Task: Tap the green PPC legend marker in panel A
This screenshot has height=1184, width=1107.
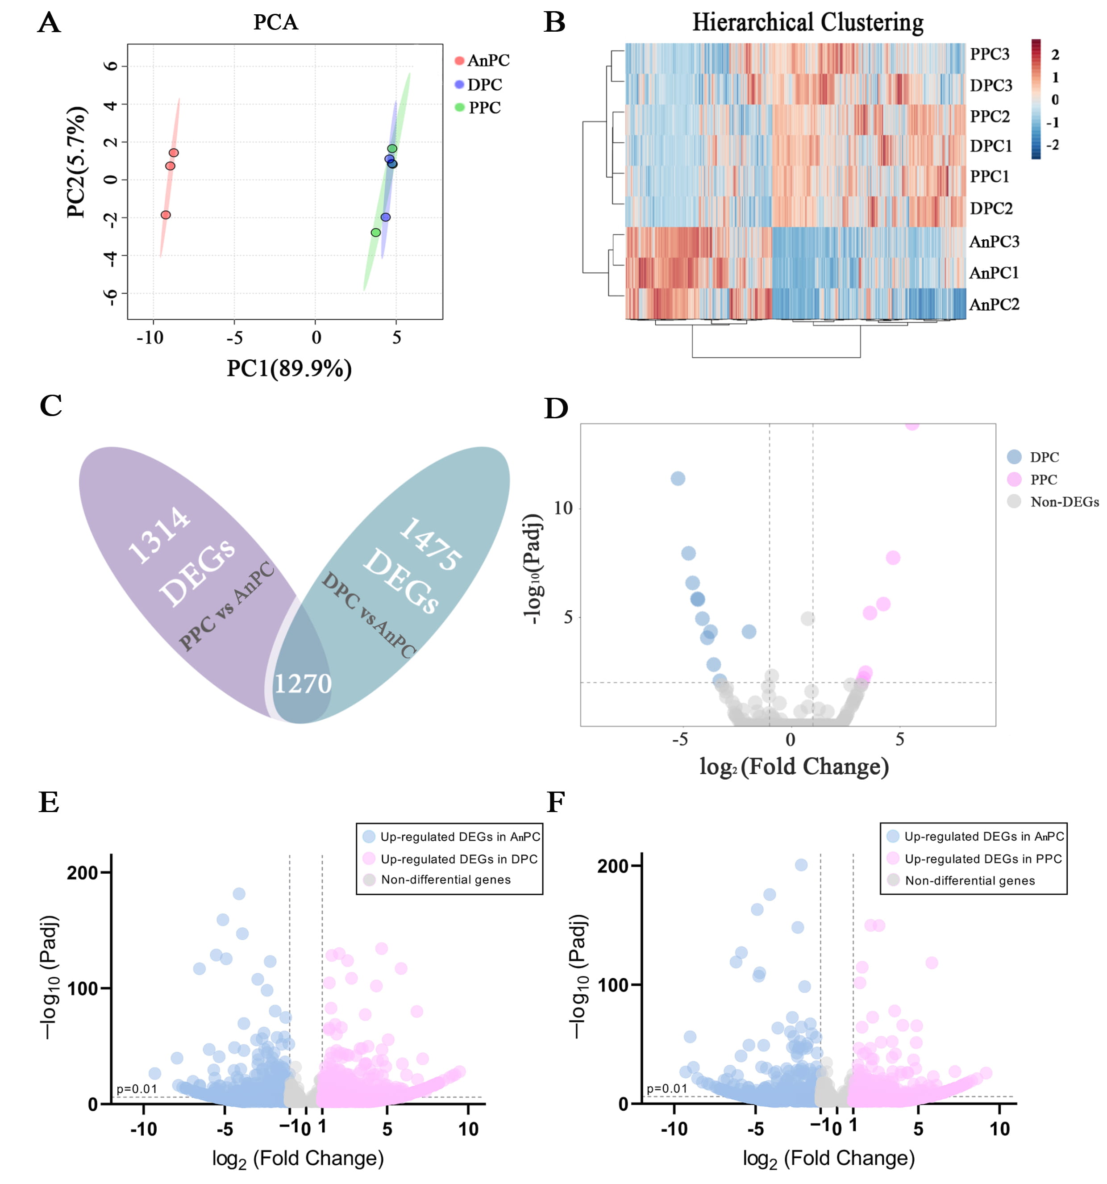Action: pos(459,107)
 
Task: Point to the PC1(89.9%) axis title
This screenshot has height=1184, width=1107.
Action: pos(289,368)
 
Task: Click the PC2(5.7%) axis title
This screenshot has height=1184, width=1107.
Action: pos(77,162)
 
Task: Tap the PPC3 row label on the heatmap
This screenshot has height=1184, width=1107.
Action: pos(989,54)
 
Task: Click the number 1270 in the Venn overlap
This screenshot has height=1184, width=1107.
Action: pos(302,683)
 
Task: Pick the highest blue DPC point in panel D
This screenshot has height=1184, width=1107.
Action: pos(677,478)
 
